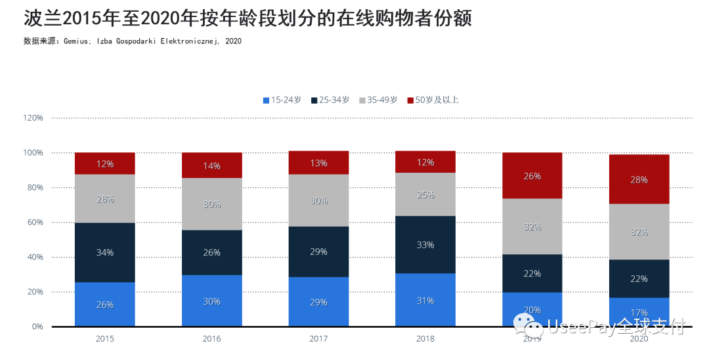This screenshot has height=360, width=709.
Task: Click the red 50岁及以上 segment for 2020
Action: pos(639,179)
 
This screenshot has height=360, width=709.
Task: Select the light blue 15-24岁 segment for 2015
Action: pos(105,304)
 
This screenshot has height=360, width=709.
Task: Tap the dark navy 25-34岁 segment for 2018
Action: pos(425,244)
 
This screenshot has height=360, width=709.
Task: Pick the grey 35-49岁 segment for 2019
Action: pos(532,226)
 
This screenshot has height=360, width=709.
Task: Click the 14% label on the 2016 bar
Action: pos(211,166)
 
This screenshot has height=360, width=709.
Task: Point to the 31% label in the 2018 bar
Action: pos(425,300)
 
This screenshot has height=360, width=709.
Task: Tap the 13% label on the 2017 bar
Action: pos(318,163)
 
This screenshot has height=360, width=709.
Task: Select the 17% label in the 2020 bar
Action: pos(639,313)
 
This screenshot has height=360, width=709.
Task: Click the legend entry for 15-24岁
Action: pos(282,100)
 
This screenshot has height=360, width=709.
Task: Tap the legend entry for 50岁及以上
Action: pos(433,100)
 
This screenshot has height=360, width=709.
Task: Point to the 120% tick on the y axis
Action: pos(33,118)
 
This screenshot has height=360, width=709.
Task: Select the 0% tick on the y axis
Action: pos(37,326)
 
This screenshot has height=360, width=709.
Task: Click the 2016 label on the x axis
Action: pos(211,339)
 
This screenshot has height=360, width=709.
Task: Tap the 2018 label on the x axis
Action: pos(425,339)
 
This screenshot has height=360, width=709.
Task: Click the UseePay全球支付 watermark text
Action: pos(614,326)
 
